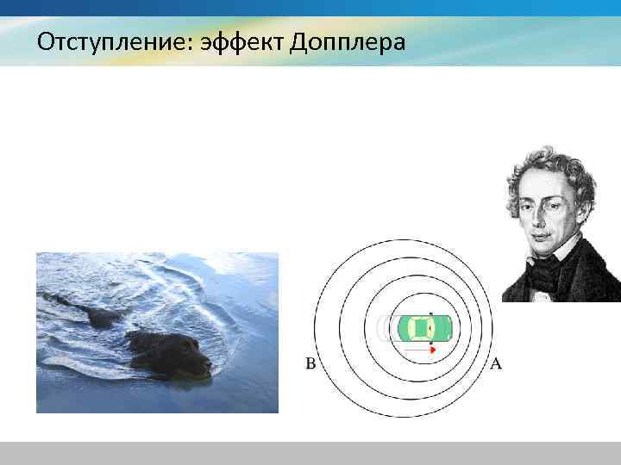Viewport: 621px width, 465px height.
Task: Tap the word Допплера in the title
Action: pyautogui.click(x=348, y=41)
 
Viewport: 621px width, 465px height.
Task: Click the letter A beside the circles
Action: pyautogui.click(x=496, y=363)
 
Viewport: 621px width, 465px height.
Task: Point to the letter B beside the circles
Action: pyautogui.click(x=310, y=363)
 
